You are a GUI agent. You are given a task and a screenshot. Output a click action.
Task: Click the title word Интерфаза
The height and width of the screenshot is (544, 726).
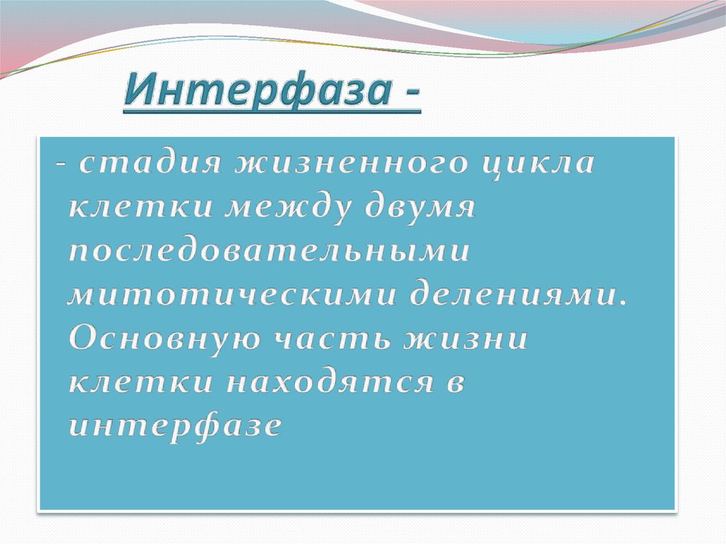(255, 93)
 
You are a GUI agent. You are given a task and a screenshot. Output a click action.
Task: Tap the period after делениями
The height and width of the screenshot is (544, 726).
(623, 303)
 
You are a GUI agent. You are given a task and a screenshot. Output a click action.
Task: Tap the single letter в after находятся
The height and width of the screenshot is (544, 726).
(455, 384)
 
